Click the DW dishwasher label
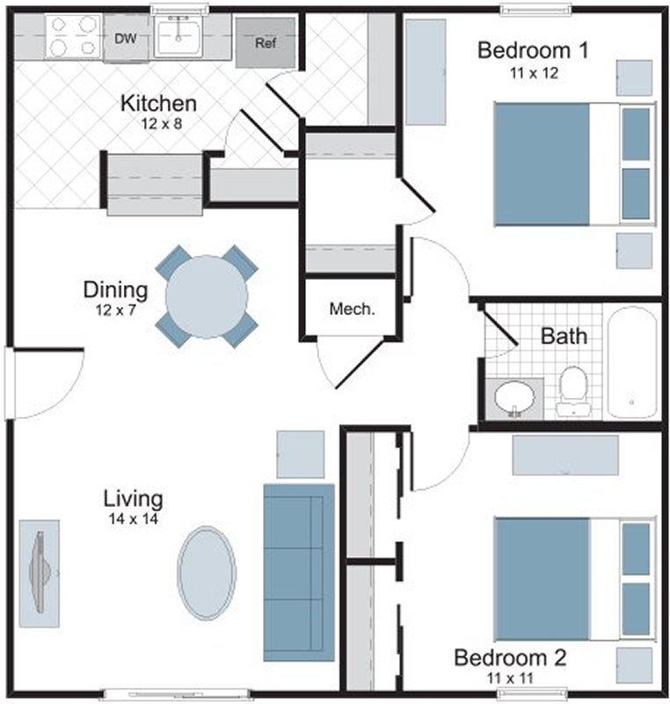(126, 39)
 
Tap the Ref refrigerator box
(266, 43)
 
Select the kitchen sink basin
(178, 36)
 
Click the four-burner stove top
(74, 36)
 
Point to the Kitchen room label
(159, 103)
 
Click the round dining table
(207, 297)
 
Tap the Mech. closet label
(352, 309)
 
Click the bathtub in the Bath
(632, 363)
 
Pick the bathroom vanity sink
(514, 398)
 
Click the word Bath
(564, 336)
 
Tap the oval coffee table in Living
(207, 573)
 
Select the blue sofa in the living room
(299, 573)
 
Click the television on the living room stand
(40, 573)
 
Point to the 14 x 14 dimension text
(133, 519)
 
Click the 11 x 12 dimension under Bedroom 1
(534, 73)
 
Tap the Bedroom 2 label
(510, 657)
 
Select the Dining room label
(116, 290)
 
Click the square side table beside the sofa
(301, 454)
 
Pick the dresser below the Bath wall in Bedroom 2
(565, 455)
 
